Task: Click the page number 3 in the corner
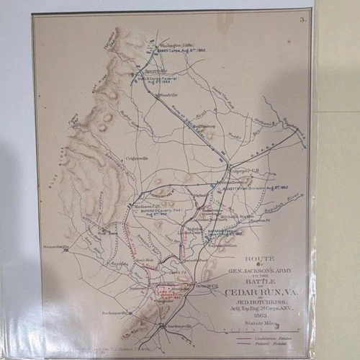coord(302,20)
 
